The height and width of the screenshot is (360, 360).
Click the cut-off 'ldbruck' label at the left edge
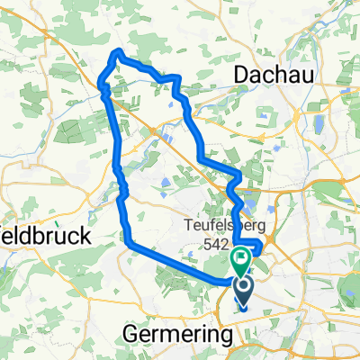click(45, 238)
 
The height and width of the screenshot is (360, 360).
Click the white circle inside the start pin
click(244, 286)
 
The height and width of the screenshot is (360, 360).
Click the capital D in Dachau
click(240, 77)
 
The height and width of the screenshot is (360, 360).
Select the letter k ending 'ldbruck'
click(88, 238)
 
